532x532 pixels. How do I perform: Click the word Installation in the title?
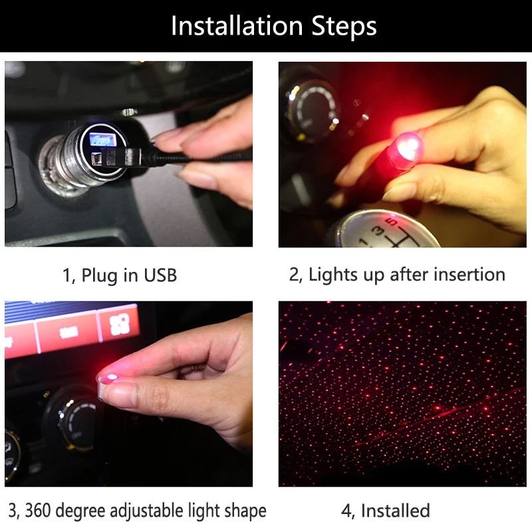(x=237, y=26)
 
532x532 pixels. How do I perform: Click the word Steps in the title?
(x=344, y=27)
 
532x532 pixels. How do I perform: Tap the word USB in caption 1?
(x=160, y=275)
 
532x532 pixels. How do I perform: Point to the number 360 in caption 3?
(x=38, y=510)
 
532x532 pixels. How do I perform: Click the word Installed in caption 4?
(x=395, y=511)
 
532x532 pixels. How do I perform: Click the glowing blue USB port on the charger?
(x=100, y=140)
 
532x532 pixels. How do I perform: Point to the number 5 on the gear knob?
(x=392, y=222)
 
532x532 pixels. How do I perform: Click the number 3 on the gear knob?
(x=378, y=231)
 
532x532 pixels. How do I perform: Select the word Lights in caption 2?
(x=333, y=275)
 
